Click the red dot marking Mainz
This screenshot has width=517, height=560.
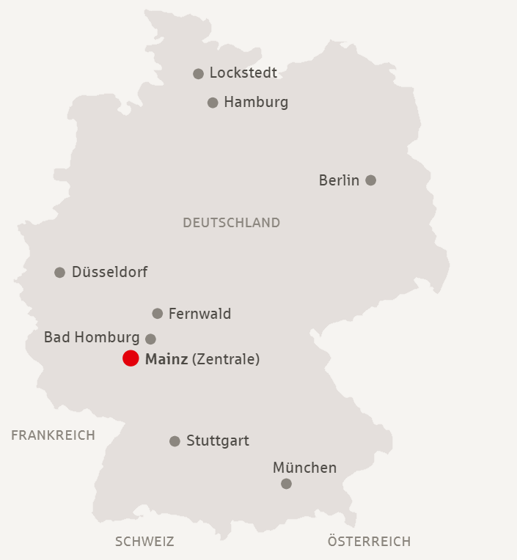tap(131, 358)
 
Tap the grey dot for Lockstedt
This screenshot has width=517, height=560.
tap(198, 74)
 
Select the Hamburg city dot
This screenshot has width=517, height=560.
tap(213, 103)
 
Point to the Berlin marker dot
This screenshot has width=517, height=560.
tap(371, 180)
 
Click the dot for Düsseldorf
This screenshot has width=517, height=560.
tap(60, 273)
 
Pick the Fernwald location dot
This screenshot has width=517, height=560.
tap(157, 314)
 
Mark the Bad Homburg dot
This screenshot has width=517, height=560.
tap(150, 339)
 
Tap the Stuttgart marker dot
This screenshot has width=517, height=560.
tap(175, 441)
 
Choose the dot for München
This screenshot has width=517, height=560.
tap(286, 484)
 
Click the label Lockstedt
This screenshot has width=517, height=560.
tap(243, 73)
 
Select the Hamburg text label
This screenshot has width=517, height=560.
tap(256, 103)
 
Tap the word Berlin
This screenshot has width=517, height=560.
tap(339, 180)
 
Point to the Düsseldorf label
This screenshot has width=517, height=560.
tap(109, 273)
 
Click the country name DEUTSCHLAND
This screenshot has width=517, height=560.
tap(231, 223)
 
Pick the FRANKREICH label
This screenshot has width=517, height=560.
tap(53, 435)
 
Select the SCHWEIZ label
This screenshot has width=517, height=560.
tap(144, 542)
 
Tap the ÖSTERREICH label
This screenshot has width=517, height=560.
tap(369, 542)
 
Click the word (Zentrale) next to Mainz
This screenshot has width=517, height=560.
tap(226, 359)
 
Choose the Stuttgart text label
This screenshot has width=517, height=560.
tap(218, 441)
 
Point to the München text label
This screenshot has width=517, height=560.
tap(304, 468)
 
